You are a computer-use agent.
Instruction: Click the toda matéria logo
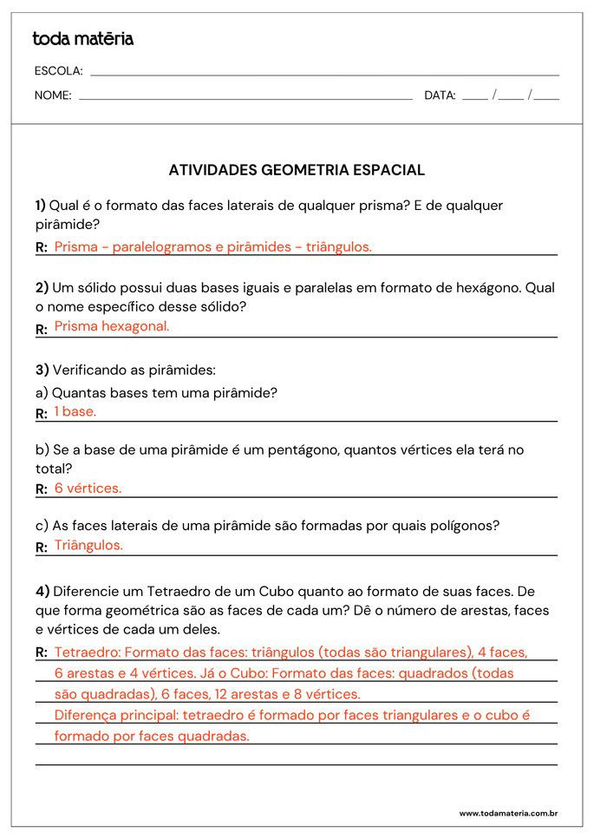coord(83,39)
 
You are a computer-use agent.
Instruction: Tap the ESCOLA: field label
coord(58,71)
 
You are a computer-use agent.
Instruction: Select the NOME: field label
coord(53,95)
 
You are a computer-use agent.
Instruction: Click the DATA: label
coord(440,95)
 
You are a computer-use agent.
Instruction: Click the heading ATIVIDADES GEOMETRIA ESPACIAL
coord(297,170)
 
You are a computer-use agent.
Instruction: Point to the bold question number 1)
coord(40,206)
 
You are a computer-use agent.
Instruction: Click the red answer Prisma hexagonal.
coord(112,326)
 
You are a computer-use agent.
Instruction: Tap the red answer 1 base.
coord(75,411)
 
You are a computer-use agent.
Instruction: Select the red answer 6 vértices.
coord(88,488)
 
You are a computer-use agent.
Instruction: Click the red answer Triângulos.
coord(88,545)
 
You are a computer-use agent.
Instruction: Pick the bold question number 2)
coord(42,287)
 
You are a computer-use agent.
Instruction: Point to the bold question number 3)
coord(42,370)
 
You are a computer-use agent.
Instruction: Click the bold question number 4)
coord(42,591)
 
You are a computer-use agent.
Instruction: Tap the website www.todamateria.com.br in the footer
coord(508,813)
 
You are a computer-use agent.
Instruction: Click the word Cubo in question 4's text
coord(277,591)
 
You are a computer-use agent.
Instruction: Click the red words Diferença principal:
coord(113,715)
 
